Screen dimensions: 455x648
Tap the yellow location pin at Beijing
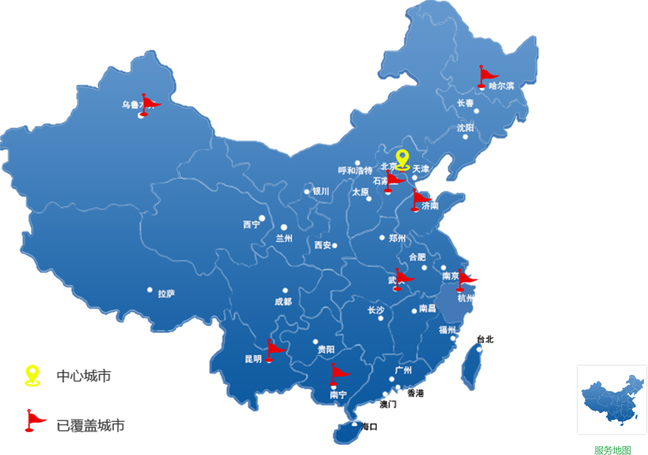pos(402,159)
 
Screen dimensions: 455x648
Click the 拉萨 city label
pos(166,294)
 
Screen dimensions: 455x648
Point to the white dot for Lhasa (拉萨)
pos(150,290)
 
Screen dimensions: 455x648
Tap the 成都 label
pos(283,301)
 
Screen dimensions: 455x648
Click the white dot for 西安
pos(335,245)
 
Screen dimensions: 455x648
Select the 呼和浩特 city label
pos(355,170)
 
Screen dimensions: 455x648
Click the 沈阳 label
pos(465,128)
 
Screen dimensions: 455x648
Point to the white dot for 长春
pos(476,111)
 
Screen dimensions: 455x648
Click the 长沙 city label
pos(376,310)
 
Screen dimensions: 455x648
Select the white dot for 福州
pos(453,338)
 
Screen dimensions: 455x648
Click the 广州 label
pos(403,371)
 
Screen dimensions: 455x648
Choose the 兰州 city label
pos(284,238)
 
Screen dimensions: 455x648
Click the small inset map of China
pos(611,399)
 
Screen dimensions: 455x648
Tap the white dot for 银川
pos(307,192)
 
